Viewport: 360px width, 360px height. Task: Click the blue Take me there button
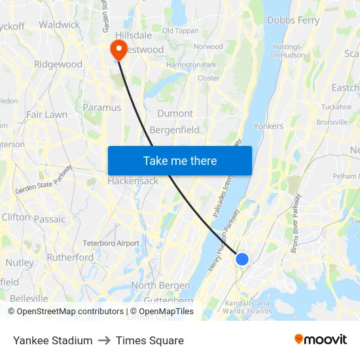[179, 160]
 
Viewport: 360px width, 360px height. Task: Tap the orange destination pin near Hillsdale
[119, 49]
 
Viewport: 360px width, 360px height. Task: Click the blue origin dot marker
[242, 259]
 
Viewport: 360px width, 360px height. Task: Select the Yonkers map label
[268, 126]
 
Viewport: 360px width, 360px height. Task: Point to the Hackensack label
[133, 181]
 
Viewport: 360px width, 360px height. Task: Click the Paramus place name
[101, 107]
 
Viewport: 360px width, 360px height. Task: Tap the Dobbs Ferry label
[293, 20]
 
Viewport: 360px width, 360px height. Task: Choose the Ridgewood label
[58, 64]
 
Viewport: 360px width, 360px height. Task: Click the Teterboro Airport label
[111, 243]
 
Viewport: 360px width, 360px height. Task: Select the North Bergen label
[160, 285]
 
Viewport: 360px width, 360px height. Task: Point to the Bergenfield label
[175, 130]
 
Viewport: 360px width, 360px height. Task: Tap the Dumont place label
[175, 113]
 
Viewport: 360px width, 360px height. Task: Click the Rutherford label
[70, 257]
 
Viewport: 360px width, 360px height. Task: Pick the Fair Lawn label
[46, 115]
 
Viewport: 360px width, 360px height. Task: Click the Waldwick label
[59, 25]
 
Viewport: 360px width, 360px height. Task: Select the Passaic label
[50, 219]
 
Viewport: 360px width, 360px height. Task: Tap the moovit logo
[320, 339]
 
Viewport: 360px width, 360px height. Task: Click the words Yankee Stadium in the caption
[52, 340]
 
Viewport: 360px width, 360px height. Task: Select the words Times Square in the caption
[149, 340]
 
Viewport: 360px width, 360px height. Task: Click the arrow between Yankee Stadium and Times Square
[104, 340]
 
